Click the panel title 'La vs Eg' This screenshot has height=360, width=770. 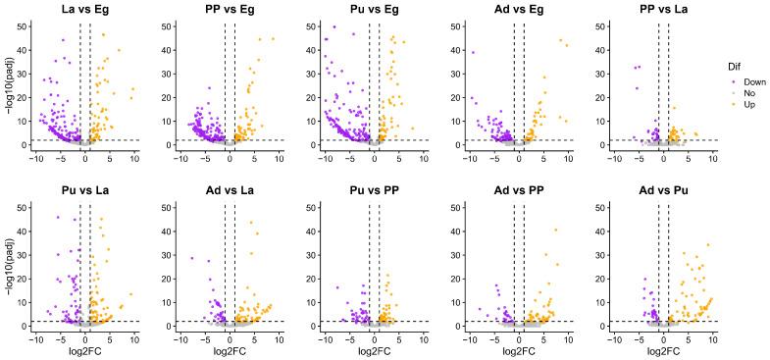pos(84,10)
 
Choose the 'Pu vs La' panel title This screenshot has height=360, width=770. pos(84,187)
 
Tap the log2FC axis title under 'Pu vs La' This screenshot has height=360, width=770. pos(84,352)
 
